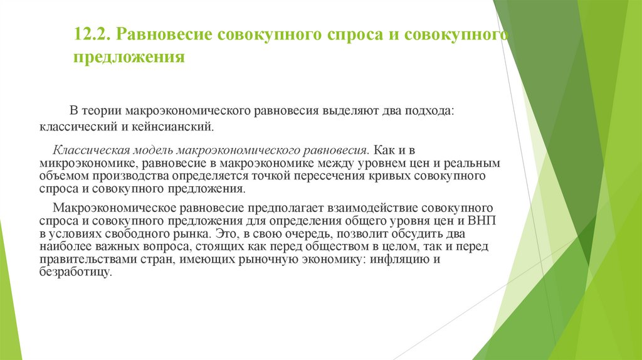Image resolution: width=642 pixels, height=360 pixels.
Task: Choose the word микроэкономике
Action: [82, 163]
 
